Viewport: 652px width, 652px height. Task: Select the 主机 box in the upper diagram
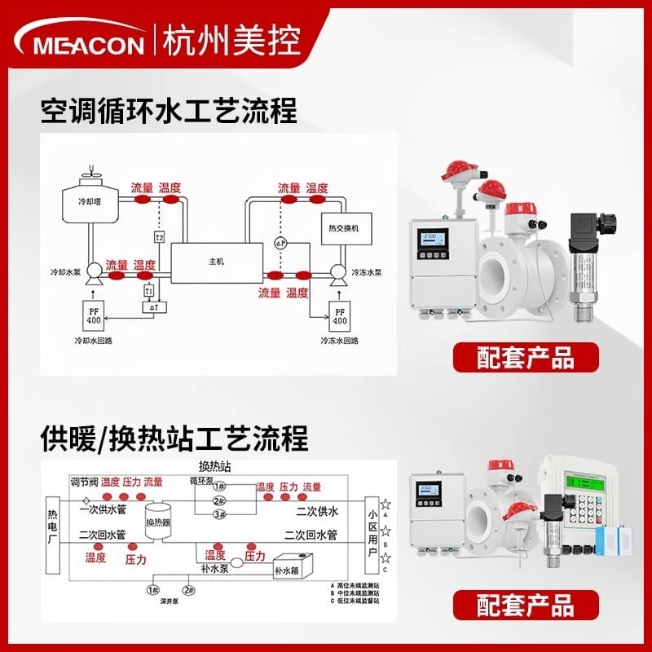coord(216,261)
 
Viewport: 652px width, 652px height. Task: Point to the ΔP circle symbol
coord(280,243)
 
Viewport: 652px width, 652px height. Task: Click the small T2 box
coord(160,237)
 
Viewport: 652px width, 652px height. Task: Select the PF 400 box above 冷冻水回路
coord(339,315)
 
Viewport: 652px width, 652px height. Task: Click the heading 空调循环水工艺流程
coord(169,110)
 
